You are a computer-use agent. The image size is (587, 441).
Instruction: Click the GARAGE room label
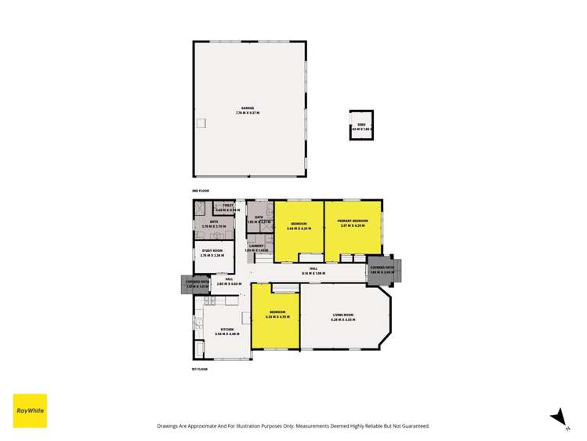point(248,108)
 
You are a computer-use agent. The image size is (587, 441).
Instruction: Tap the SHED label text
point(361,124)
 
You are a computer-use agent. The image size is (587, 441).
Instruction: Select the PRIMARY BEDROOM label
point(353,223)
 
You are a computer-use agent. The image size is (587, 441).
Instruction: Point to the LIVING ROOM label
point(343,315)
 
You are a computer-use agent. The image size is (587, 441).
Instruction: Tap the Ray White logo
point(30,410)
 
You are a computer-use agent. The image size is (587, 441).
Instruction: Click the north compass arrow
point(557,416)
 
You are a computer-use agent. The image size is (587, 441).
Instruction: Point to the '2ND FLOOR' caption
point(201,191)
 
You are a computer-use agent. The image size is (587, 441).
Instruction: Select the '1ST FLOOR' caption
point(201,369)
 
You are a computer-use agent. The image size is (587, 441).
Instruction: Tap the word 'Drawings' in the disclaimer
point(171,426)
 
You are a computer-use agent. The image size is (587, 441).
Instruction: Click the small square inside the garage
point(201,122)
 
